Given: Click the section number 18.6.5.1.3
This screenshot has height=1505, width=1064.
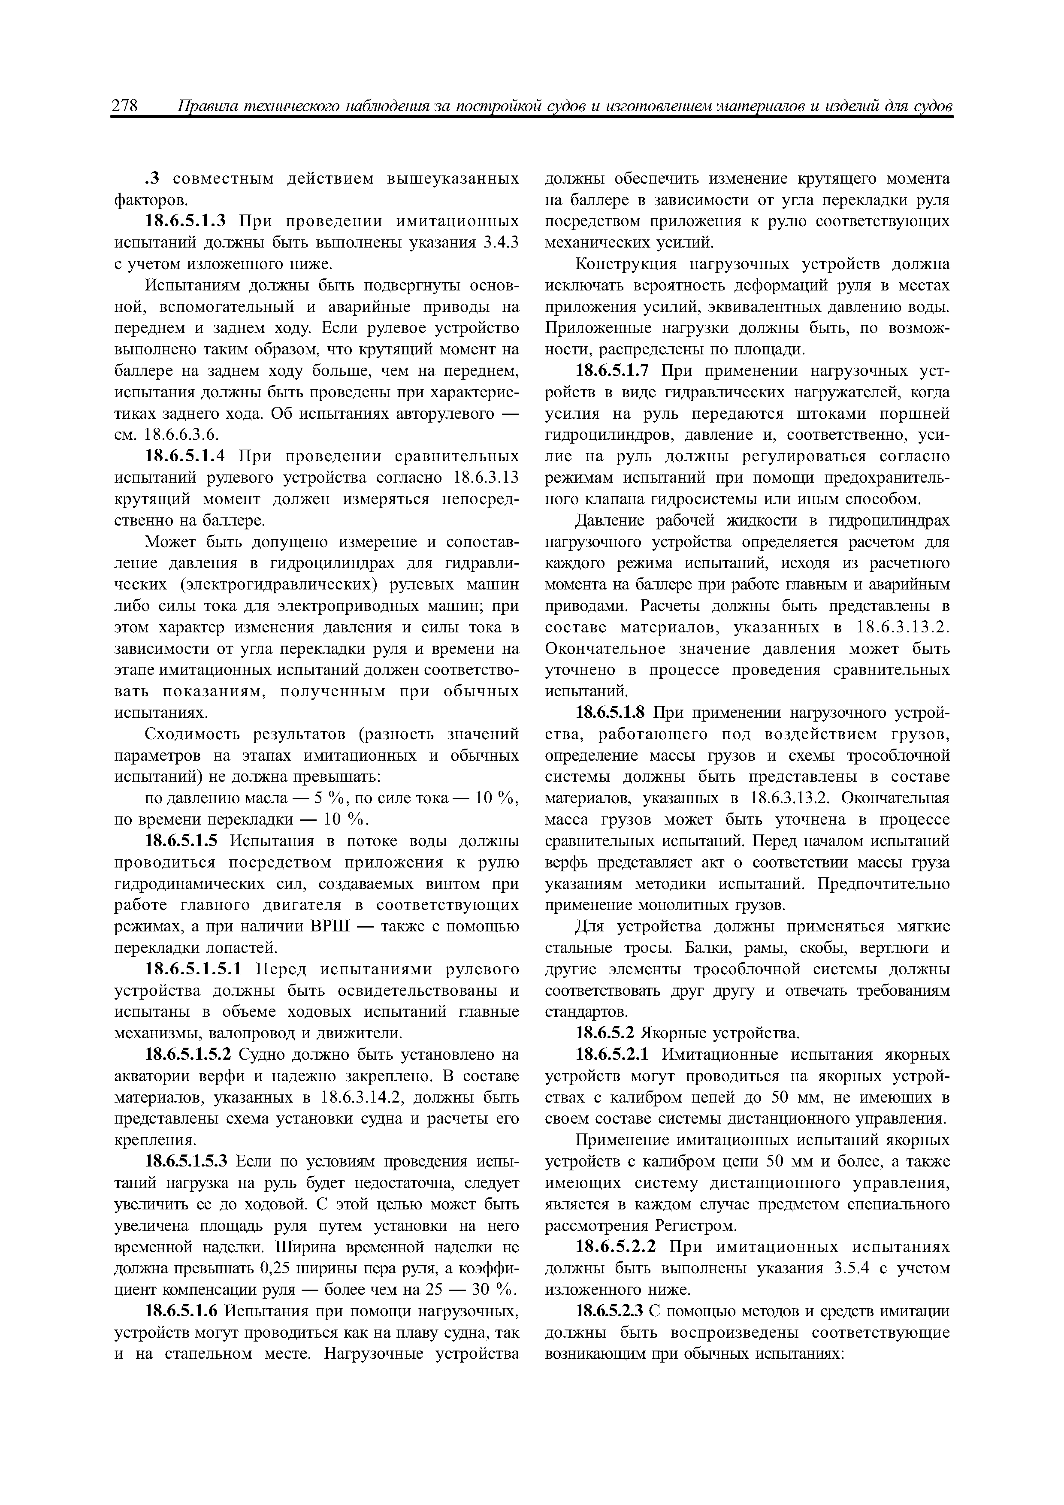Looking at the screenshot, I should tap(187, 221).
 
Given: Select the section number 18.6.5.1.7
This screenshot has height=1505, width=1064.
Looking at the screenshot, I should tap(612, 371).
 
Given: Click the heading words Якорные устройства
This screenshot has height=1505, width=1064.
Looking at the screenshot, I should tap(720, 1034).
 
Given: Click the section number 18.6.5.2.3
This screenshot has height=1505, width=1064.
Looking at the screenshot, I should tap(609, 1311).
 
